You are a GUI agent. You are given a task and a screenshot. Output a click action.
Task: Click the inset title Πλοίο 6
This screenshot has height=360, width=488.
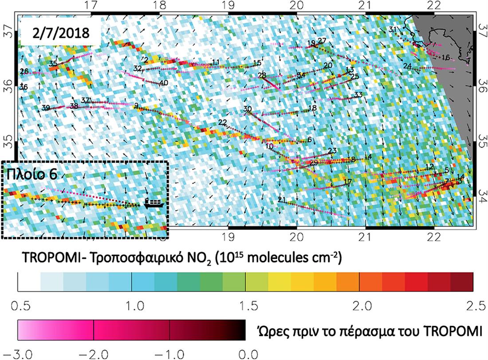point(31,174)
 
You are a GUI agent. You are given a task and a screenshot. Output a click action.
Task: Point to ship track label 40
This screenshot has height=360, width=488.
point(164,83)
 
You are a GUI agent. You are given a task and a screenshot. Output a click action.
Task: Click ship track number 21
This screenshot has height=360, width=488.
point(281,200)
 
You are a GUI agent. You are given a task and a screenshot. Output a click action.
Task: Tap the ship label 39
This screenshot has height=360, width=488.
point(46,108)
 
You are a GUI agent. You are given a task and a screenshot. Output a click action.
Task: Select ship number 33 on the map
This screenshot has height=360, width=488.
point(358,95)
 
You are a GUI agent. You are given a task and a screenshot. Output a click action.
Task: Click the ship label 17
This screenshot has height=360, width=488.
point(348,182)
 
